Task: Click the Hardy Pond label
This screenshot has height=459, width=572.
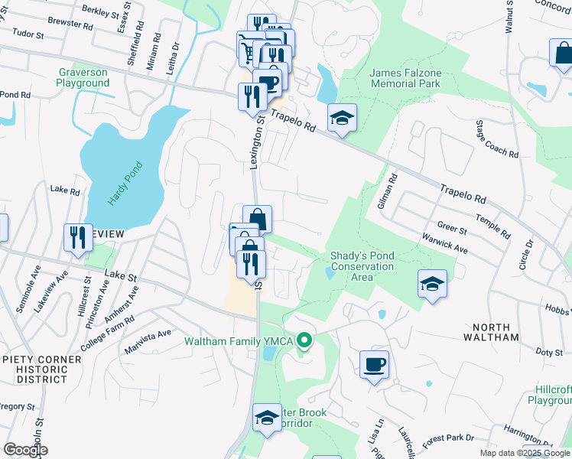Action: [125, 184]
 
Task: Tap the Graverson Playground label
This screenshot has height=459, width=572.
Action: [84, 77]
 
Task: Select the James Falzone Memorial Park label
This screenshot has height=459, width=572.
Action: [405, 77]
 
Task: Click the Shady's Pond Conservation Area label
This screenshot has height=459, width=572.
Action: [362, 266]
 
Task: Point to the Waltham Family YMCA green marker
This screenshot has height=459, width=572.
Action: [305, 340]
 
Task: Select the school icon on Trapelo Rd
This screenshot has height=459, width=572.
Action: [342, 118]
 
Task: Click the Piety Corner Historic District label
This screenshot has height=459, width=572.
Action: [41, 365]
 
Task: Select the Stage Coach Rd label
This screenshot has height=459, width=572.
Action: [497, 139]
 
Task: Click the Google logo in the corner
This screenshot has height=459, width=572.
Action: [24, 450]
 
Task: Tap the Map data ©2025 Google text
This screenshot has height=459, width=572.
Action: [524, 453]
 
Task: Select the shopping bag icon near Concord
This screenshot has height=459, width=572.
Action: [563, 54]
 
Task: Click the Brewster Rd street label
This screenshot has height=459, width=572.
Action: [70, 24]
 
